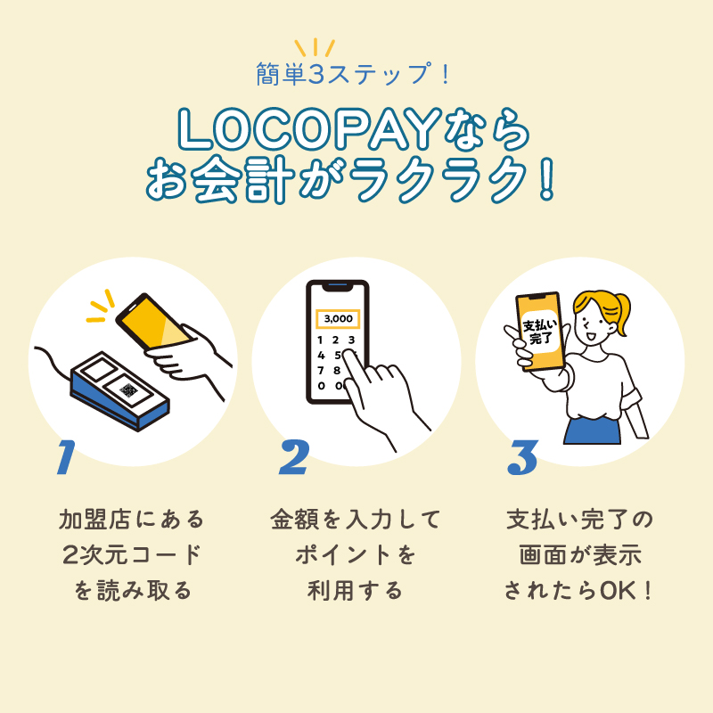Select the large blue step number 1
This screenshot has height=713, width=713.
63,458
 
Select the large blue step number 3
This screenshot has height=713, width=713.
522,458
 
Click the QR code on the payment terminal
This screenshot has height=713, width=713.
129,390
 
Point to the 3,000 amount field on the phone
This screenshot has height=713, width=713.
338,318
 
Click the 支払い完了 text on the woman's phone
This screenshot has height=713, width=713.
538,331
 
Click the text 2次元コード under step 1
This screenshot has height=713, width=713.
132,554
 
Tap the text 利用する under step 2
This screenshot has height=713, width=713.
356,590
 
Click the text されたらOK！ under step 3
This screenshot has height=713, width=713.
580,590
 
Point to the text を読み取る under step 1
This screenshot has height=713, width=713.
132,590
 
